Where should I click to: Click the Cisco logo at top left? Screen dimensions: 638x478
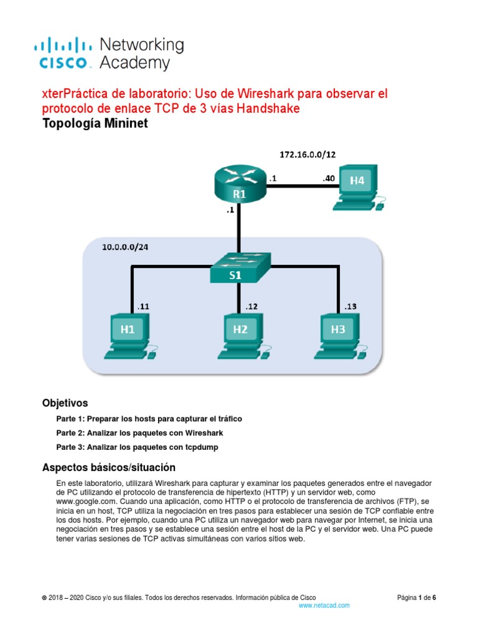66,53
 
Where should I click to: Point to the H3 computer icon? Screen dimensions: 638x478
339,335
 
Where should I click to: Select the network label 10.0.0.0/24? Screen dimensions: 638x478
125,247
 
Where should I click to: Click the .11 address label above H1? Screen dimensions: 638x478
144,306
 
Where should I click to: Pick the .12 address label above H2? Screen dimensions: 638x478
251,306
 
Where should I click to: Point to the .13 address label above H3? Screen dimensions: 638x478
351,306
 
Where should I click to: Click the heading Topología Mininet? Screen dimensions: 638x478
95,123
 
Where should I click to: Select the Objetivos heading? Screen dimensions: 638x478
65,402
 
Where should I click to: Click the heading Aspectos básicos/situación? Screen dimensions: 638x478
109,467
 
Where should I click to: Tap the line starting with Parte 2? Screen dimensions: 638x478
139,433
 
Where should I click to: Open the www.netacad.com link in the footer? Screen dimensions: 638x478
324,605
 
